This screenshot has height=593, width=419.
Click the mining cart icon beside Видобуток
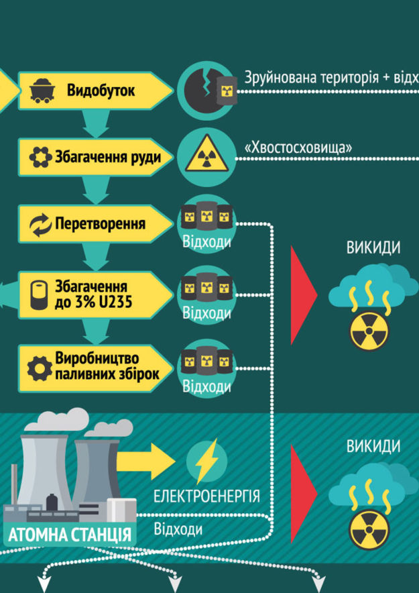click(x=42, y=91)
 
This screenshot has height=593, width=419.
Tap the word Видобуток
click(x=101, y=91)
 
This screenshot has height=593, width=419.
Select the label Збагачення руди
click(x=108, y=156)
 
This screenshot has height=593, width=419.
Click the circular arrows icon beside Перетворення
click(x=40, y=225)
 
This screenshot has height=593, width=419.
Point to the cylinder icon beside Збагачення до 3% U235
click(x=40, y=294)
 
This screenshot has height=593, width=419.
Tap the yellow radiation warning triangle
click(x=206, y=154)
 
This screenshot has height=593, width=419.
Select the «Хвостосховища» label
click(x=298, y=148)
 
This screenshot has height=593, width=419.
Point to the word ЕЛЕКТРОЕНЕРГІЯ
click(x=206, y=496)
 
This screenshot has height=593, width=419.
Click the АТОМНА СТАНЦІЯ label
click(x=70, y=535)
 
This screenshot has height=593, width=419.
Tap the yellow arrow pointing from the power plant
click(x=145, y=461)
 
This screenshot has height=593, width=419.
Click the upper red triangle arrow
click(x=303, y=295)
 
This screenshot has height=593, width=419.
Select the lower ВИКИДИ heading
click(x=373, y=447)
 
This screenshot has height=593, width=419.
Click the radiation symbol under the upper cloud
click(x=369, y=331)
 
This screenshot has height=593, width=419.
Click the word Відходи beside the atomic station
click(x=178, y=529)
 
